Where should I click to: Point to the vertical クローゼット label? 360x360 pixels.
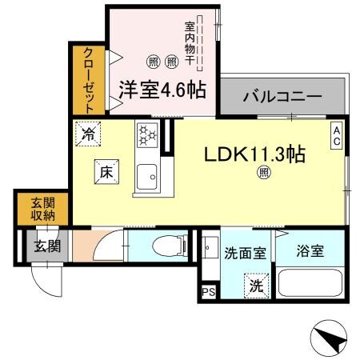coord(87,78)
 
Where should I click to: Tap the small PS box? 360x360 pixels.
coord(209,292)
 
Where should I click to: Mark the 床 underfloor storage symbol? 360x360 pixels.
coord(106,170)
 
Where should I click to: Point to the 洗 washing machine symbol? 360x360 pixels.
coord(254,285)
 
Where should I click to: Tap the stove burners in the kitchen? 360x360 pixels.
coord(146,137)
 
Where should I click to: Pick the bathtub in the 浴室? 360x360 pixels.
coord(310,284)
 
